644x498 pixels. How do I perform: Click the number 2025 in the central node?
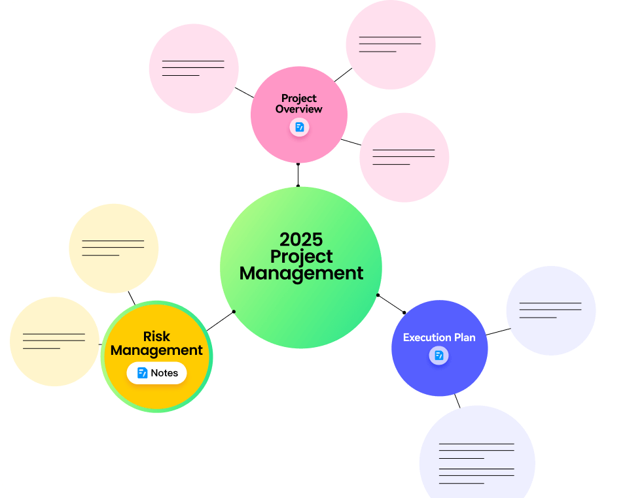pos(301,240)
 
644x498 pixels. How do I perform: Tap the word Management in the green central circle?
pos(301,274)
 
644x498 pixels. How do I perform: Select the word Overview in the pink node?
pos(299,109)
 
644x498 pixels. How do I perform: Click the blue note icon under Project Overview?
pos(299,127)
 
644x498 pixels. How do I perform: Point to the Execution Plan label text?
pos(439,337)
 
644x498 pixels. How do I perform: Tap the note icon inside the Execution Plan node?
pos(438,356)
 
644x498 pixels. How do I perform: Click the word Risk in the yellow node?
pos(156,337)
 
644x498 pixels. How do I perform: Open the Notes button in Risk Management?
pos(157,373)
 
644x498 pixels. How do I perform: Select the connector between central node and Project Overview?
pos(298,175)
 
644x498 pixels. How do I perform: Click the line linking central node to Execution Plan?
pos(391,304)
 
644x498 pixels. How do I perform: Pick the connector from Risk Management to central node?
pos(220,321)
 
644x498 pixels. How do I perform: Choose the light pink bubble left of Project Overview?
pos(194,69)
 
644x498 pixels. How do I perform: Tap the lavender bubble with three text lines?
pos(551,310)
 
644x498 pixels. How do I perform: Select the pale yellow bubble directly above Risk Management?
pos(114,248)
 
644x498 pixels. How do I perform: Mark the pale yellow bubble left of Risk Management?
pos(54,341)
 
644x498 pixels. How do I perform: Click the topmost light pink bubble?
pos(391,44)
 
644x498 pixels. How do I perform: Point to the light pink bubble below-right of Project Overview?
pos(404,158)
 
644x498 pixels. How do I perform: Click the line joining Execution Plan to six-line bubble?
pos(457,401)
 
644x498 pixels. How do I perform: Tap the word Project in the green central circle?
pos(301,257)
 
